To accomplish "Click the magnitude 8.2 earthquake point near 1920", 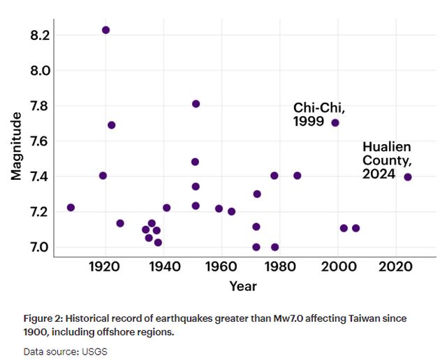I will [x=105, y=30].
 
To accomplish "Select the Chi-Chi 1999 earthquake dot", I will [x=335, y=122].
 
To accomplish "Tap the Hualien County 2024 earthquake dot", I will [x=408, y=177].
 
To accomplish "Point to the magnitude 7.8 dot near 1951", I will [x=196, y=104].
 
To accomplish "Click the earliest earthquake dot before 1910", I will [x=71, y=208].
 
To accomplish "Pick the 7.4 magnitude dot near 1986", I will [x=298, y=176].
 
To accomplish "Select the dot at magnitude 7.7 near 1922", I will [x=111, y=125].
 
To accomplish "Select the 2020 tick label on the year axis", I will [x=397, y=266].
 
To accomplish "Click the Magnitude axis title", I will [x=17, y=146].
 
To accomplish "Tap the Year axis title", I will [x=243, y=286].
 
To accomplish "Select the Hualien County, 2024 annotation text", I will [x=386, y=160].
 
